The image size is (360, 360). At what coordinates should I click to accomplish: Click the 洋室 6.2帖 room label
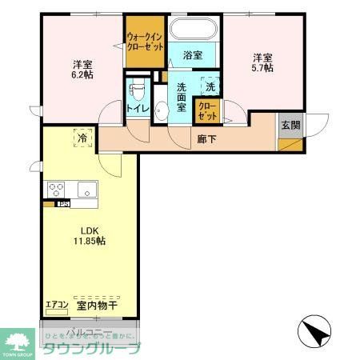click(x=80, y=69)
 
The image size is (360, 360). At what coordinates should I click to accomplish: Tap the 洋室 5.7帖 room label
click(x=263, y=62)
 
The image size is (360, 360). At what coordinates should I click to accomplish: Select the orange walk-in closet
click(x=145, y=41)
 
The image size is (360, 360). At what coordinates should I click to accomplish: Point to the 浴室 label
click(x=193, y=55)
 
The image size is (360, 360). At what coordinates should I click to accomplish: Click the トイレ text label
click(x=136, y=105)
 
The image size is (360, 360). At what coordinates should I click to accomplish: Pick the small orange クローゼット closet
click(x=206, y=112)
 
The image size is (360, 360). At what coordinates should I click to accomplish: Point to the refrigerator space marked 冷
click(x=82, y=138)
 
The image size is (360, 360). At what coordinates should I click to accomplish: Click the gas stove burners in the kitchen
click(x=57, y=190)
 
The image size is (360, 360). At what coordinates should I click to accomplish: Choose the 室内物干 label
click(x=98, y=306)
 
